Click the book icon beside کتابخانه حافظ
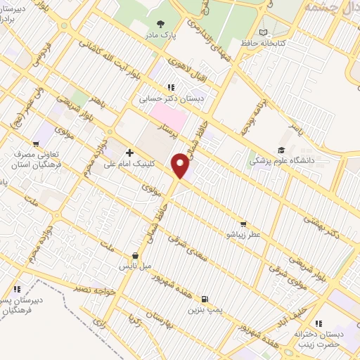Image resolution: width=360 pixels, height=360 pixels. (x=264, y=32)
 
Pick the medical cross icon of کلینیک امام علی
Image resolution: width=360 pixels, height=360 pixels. (x=129, y=152)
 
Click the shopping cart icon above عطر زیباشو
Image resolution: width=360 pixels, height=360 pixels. (x=243, y=224)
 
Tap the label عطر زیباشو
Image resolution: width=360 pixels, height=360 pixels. (x=242, y=234)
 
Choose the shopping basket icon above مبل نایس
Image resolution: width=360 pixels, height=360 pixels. (x=136, y=255)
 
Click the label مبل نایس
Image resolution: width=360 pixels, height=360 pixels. (x=136, y=266)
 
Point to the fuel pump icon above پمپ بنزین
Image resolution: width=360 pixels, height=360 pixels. (x=205, y=298)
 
